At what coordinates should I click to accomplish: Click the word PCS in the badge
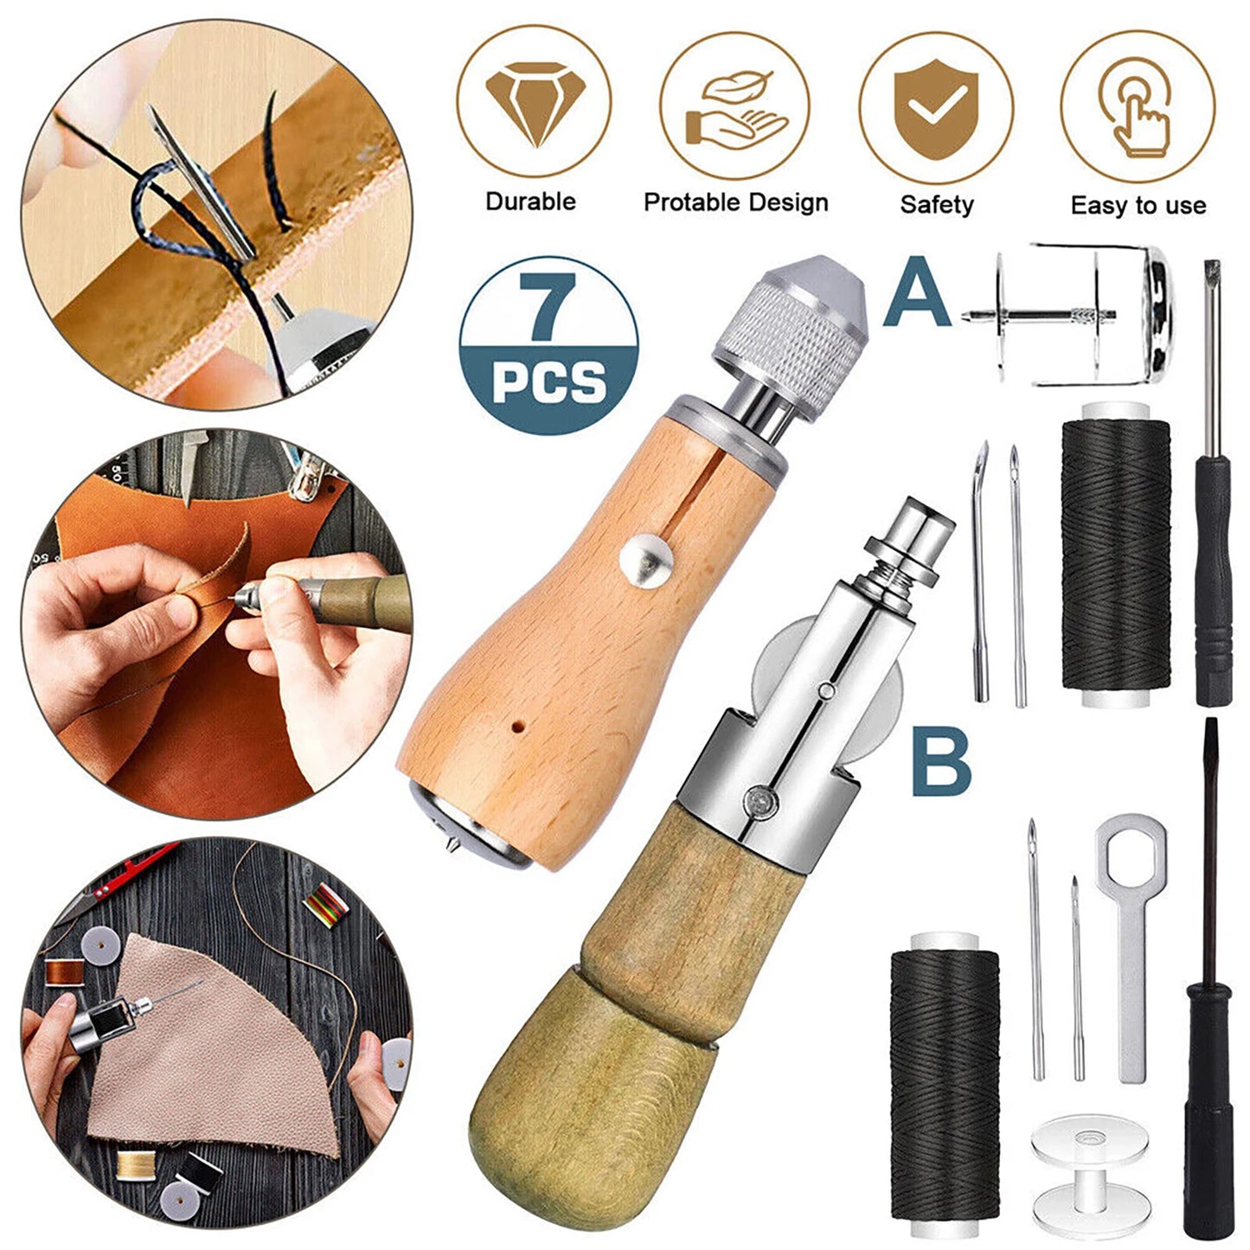[548, 381]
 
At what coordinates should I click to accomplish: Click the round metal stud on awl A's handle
[650, 559]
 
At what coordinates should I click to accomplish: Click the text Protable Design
[735, 202]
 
